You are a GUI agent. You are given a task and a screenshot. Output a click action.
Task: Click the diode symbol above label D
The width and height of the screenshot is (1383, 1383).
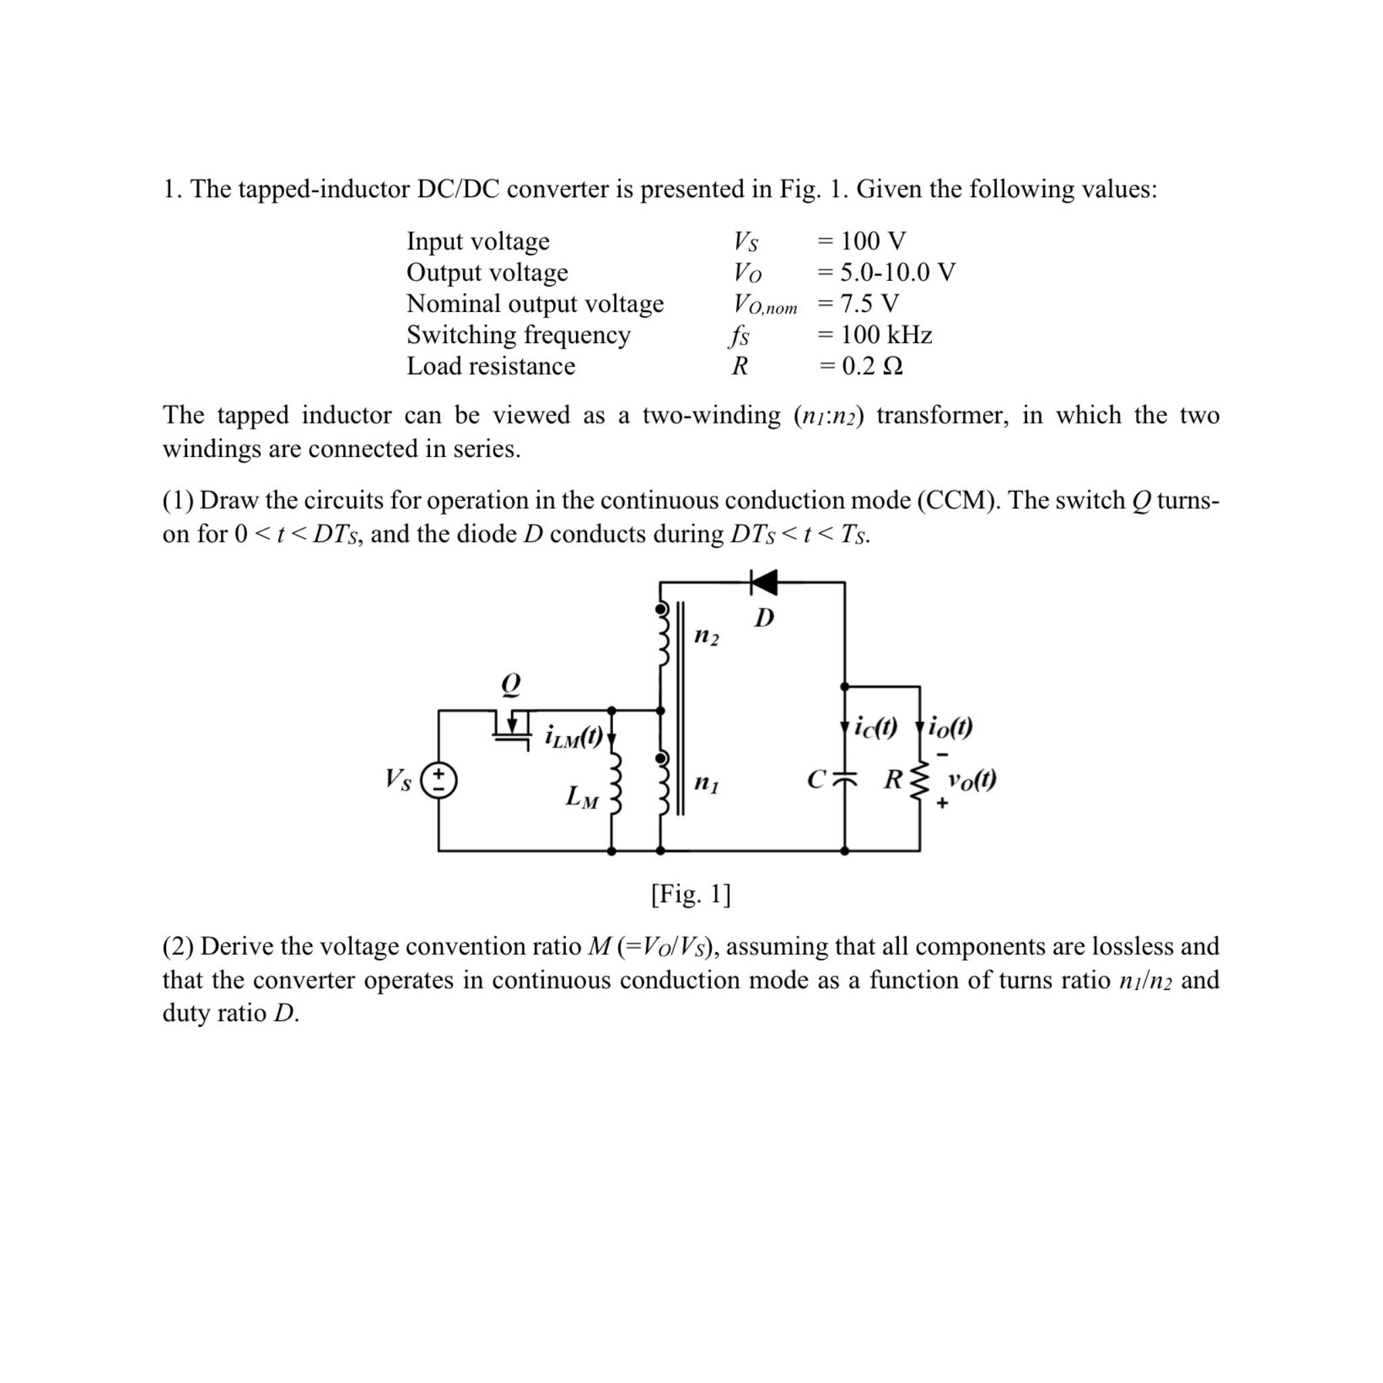click(764, 583)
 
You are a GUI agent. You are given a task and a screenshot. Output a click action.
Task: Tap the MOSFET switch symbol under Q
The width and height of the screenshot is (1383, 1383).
click(511, 726)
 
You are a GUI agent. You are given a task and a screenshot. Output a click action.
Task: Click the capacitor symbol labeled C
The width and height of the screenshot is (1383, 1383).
click(845, 778)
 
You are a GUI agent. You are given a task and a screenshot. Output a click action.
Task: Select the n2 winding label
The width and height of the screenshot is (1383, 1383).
click(706, 635)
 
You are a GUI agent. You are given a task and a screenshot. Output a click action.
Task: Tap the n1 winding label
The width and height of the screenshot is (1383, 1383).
click(706, 783)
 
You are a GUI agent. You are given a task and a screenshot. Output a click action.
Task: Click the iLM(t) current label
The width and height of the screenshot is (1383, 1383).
click(574, 736)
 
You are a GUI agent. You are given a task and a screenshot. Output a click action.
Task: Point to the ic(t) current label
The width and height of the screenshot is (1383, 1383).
click(875, 727)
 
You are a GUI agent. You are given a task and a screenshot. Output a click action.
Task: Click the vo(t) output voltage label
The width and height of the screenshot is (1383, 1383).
click(971, 779)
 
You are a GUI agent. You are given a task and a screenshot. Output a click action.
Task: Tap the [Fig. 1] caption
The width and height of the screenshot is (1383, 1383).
click(691, 893)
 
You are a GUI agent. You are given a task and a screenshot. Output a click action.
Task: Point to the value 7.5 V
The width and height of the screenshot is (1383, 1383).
click(869, 303)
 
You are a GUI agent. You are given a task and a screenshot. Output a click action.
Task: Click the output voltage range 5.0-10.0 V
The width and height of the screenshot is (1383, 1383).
click(897, 272)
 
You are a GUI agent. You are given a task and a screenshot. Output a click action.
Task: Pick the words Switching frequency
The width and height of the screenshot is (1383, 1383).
click(518, 335)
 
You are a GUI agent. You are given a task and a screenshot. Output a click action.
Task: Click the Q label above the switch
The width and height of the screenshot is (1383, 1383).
click(511, 683)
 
